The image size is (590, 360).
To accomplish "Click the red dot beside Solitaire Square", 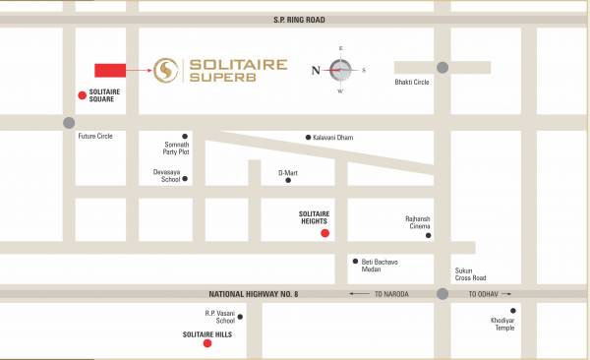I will pyautogui.click(x=82, y=94).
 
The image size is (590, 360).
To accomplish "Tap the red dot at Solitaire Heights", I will pyautogui.click(x=325, y=233).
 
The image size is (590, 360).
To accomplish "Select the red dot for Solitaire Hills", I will pyautogui.click(x=206, y=344).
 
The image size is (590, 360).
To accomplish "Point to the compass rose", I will pyautogui.click(x=340, y=70).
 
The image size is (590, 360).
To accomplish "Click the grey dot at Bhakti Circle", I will pyautogui.click(x=443, y=68).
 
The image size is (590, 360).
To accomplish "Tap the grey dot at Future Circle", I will pyautogui.click(x=67, y=123).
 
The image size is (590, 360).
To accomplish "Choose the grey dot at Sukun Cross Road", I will pyautogui.click(x=443, y=294).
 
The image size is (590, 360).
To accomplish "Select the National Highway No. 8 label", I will pyautogui.click(x=255, y=294).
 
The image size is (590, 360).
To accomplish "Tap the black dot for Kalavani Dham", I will pyautogui.click(x=309, y=137).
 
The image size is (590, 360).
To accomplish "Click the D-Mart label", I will pyautogui.click(x=287, y=172).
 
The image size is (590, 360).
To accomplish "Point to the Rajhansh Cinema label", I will pyautogui.click(x=418, y=222).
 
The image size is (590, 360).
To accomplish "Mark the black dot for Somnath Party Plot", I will pyautogui.click(x=184, y=136).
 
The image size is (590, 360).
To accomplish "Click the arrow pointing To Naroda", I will pyautogui.click(x=359, y=294).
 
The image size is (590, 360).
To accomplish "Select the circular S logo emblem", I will pyautogui.click(x=163, y=69).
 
